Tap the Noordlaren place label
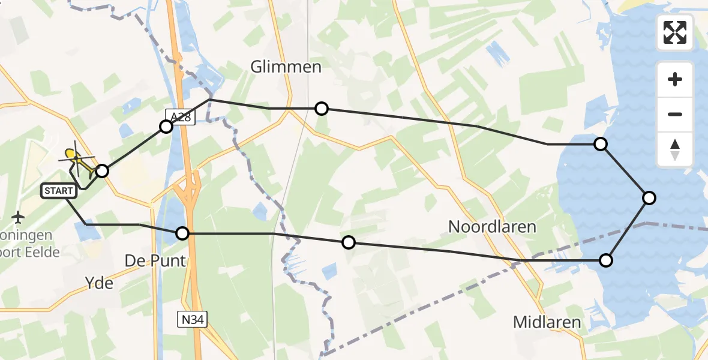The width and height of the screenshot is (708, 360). click(492, 226)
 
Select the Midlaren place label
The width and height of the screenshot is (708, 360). click(547, 322)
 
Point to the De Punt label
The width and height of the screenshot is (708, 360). click(155, 261)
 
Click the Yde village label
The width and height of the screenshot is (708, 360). click(100, 283)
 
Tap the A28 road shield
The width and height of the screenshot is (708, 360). click(180, 117)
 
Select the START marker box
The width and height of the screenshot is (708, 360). click(59, 191)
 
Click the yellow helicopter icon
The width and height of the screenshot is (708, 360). click(76, 160)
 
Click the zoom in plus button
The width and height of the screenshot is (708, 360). click(675, 79)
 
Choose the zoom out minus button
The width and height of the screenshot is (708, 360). click(675, 114)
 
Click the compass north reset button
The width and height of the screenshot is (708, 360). click(675, 149)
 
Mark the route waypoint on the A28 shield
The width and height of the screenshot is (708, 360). click(166, 127)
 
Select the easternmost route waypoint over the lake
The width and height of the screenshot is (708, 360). click(649, 197)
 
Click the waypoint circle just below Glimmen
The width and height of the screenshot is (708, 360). click(322, 108)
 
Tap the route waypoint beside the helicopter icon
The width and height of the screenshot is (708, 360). click(102, 171)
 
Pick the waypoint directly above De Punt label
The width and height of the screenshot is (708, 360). click(182, 233)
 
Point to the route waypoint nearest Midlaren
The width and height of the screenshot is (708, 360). click(606, 260)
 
